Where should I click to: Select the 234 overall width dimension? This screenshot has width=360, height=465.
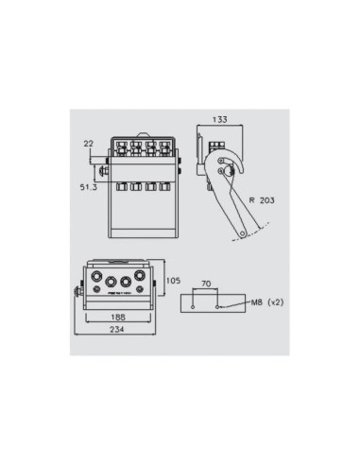tap(115, 332)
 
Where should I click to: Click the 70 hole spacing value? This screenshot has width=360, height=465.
tap(205, 283)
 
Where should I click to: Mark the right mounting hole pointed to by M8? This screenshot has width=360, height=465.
tap(219, 305)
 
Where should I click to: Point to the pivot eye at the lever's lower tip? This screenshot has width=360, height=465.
tap(245, 232)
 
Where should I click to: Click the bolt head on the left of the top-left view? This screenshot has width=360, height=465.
tap(99, 171)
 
